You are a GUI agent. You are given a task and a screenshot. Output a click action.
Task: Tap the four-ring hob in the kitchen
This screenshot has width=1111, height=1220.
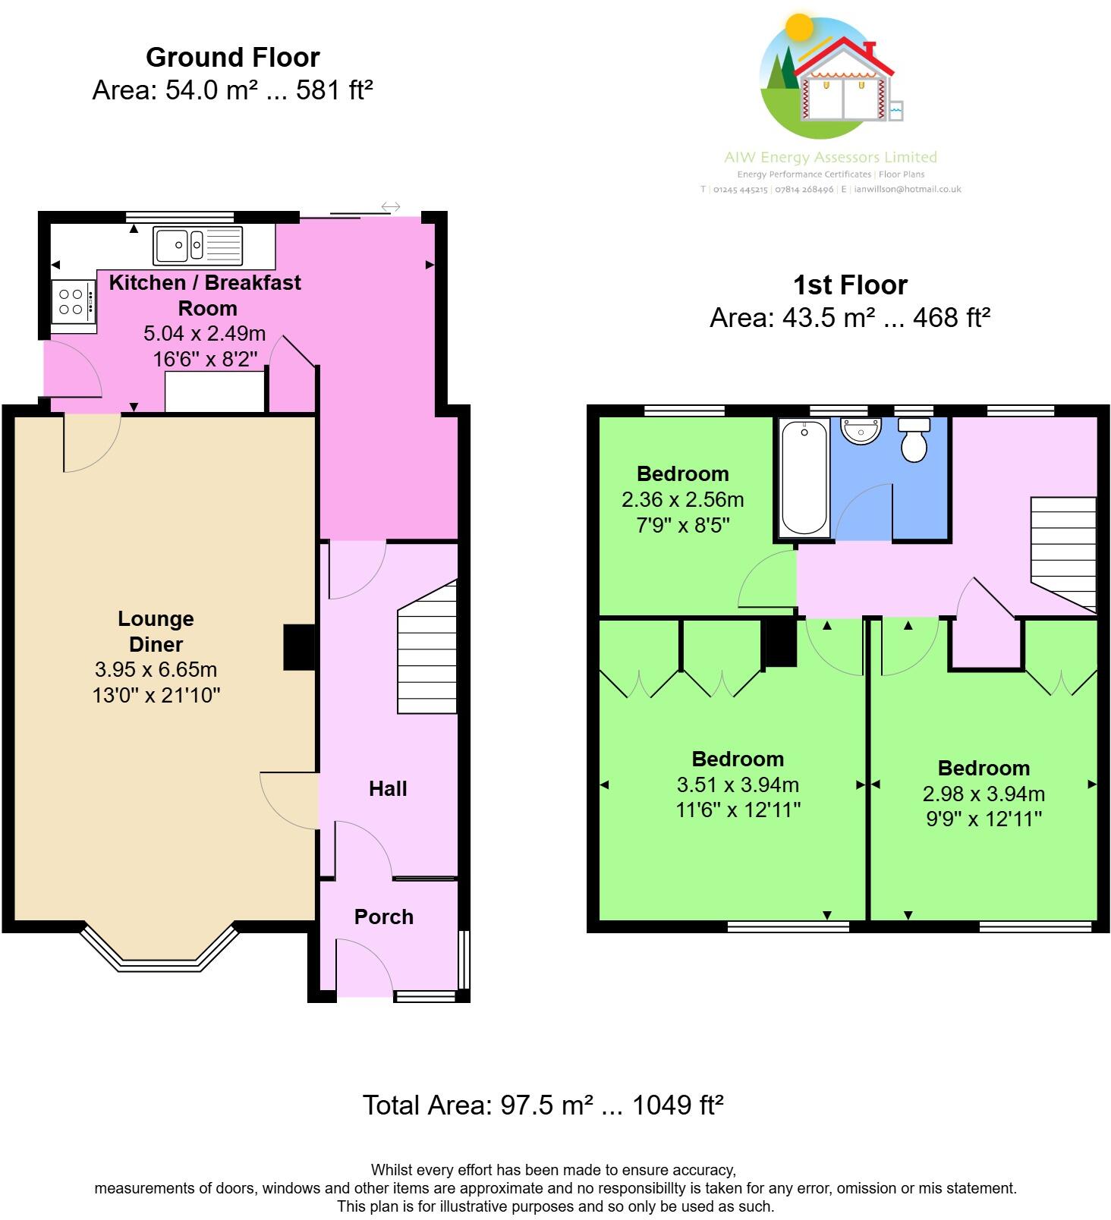coord(73,301)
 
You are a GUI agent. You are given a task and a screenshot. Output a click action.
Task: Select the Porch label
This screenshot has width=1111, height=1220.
coord(384,917)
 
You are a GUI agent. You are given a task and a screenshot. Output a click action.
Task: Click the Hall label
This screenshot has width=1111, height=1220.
coord(388,789)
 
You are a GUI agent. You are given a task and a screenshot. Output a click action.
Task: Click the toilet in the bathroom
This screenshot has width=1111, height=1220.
coord(914,440)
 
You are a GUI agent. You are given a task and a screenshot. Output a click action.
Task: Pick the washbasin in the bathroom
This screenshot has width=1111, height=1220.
coord(861,431)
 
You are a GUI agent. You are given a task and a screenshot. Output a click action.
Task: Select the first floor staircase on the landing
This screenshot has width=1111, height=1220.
coord(1064,552)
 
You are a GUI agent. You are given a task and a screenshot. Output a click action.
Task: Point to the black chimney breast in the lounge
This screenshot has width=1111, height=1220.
coord(299,647)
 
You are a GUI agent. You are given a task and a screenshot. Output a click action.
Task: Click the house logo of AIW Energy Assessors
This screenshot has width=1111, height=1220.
coord(832,80)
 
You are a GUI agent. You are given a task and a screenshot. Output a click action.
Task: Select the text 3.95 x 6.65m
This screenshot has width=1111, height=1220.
coord(156,670)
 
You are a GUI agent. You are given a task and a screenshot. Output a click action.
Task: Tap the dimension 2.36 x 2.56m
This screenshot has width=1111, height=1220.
coord(682,500)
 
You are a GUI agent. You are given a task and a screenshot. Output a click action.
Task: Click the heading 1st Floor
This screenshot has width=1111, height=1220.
coord(850,285)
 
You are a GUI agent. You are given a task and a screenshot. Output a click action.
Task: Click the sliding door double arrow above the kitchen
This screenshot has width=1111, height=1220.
coord(390,207)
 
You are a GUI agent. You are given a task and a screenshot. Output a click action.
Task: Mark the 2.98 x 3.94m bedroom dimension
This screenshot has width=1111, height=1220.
coord(984,794)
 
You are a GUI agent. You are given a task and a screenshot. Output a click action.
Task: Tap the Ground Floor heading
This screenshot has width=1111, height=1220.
coord(232,58)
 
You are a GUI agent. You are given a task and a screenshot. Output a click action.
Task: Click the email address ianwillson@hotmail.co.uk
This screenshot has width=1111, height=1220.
coord(907,190)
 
